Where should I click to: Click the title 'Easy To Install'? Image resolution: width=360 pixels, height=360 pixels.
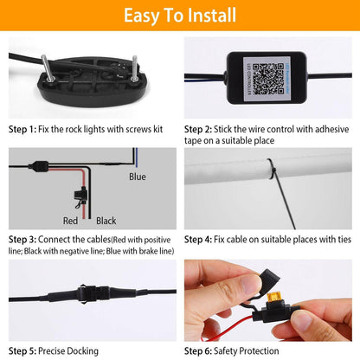coord(179,16)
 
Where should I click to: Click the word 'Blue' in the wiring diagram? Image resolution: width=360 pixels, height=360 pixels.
coord(138,177)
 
